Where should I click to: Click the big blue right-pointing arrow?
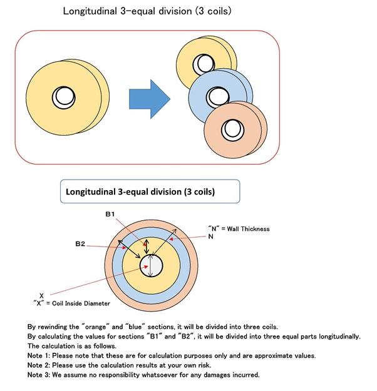tap(150, 99)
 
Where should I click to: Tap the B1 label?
tap(110, 214)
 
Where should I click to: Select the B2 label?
tap(80, 243)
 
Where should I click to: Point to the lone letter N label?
tap(210, 236)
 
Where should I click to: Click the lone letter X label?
tap(41, 296)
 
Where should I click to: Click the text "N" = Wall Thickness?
tap(239, 229)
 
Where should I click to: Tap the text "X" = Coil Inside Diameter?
tap(71, 303)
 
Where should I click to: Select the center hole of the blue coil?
tap(218, 97)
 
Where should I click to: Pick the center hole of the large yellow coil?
tap(63, 98)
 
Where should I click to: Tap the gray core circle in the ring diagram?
tap(151, 266)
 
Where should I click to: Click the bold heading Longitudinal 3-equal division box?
tap(150, 191)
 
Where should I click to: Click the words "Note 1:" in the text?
tap(39, 355)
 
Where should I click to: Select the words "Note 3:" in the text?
tap(39, 375)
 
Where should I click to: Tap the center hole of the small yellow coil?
tap(204, 64)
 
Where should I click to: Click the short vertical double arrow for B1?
tap(147, 246)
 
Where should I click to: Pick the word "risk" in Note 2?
tap(204, 365)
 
